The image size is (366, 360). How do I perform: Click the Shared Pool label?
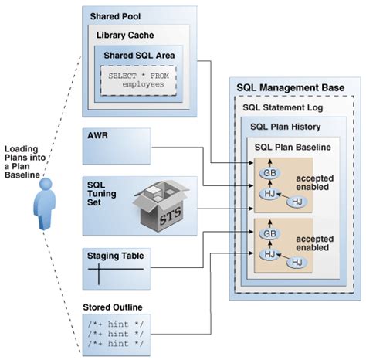[x=116, y=16]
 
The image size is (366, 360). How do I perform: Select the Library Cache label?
[x=125, y=36]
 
